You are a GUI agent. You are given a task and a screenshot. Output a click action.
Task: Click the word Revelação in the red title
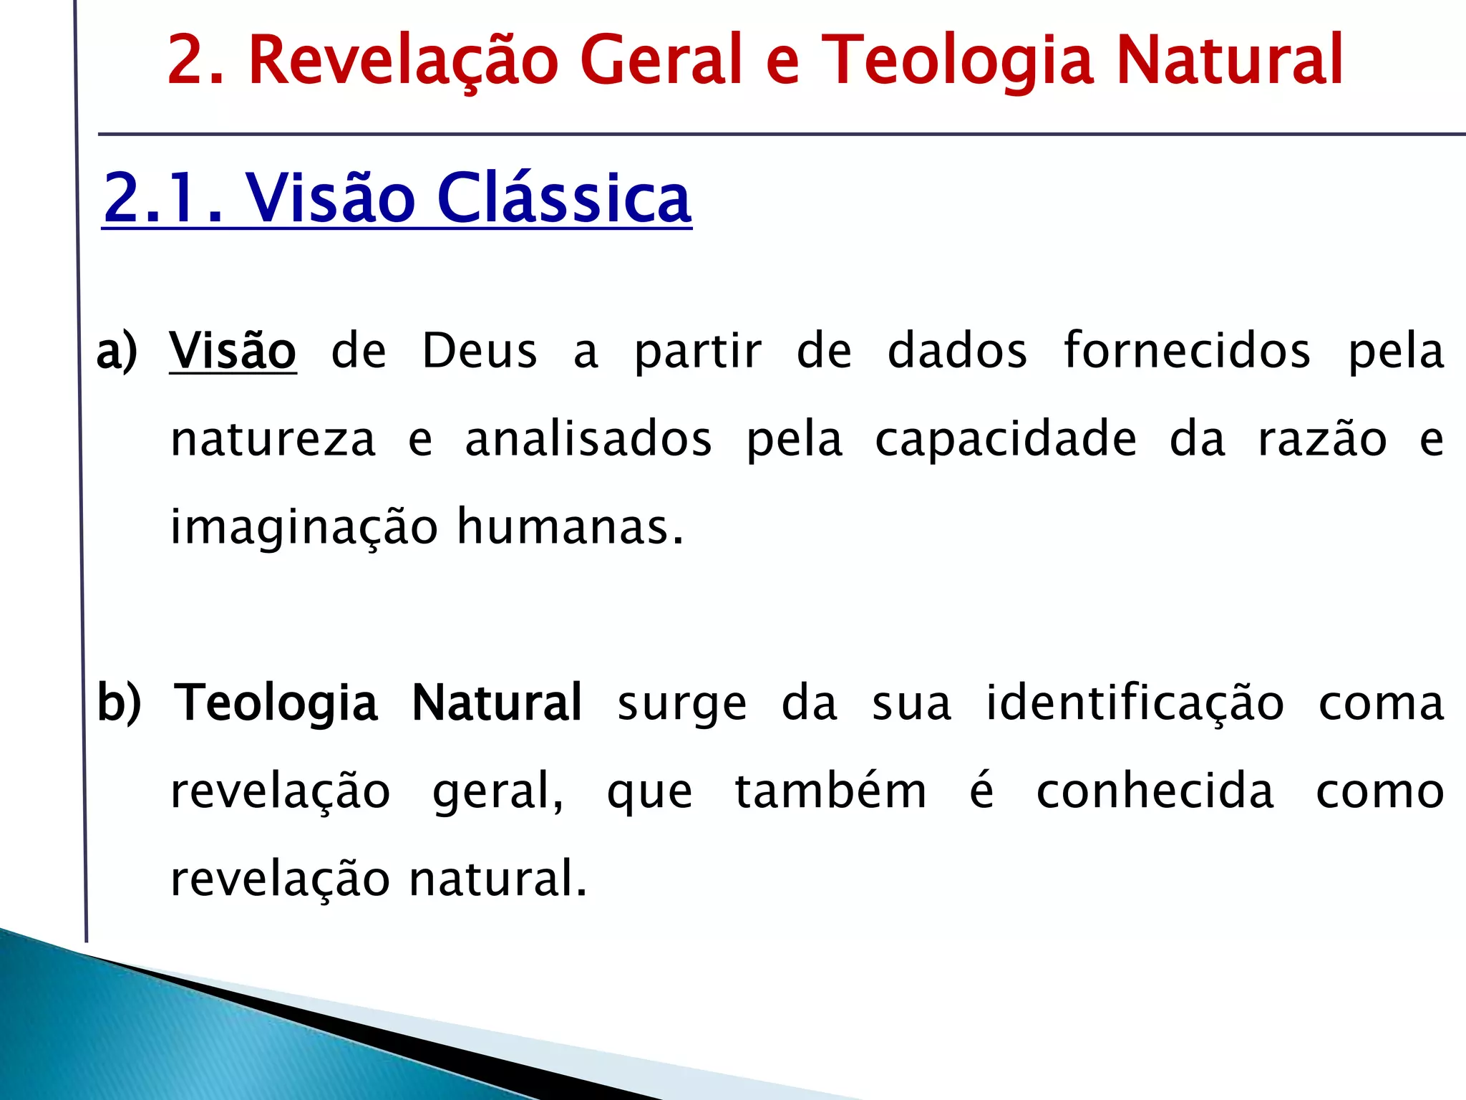coord(402,60)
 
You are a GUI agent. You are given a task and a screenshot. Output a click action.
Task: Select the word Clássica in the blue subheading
coord(564,198)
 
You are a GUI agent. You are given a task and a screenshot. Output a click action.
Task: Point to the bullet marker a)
coord(117,351)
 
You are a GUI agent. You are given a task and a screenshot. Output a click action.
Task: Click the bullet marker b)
coord(120,703)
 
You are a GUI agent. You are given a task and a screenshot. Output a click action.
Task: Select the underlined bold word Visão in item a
coord(233,351)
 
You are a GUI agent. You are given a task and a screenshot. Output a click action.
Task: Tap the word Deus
coord(479,351)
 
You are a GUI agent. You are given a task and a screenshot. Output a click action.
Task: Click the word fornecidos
coord(1187,351)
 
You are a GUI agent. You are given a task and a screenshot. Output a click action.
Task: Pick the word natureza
coord(273,439)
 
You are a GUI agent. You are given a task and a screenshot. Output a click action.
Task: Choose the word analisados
coord(588,439)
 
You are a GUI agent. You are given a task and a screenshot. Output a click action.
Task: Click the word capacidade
coord(1006,439)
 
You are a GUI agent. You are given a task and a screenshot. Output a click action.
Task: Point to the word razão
coord(1323,439)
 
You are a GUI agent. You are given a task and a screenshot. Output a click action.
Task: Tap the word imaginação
coord(304,528)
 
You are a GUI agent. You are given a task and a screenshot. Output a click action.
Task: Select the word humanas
coord(570,526)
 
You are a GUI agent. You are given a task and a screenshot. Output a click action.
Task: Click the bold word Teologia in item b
coord(276,703)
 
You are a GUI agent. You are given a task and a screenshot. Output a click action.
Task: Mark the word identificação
coord(1135,703)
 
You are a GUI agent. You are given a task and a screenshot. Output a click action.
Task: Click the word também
coord(830,791)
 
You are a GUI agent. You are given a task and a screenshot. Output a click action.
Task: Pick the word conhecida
coord(1155,791)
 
